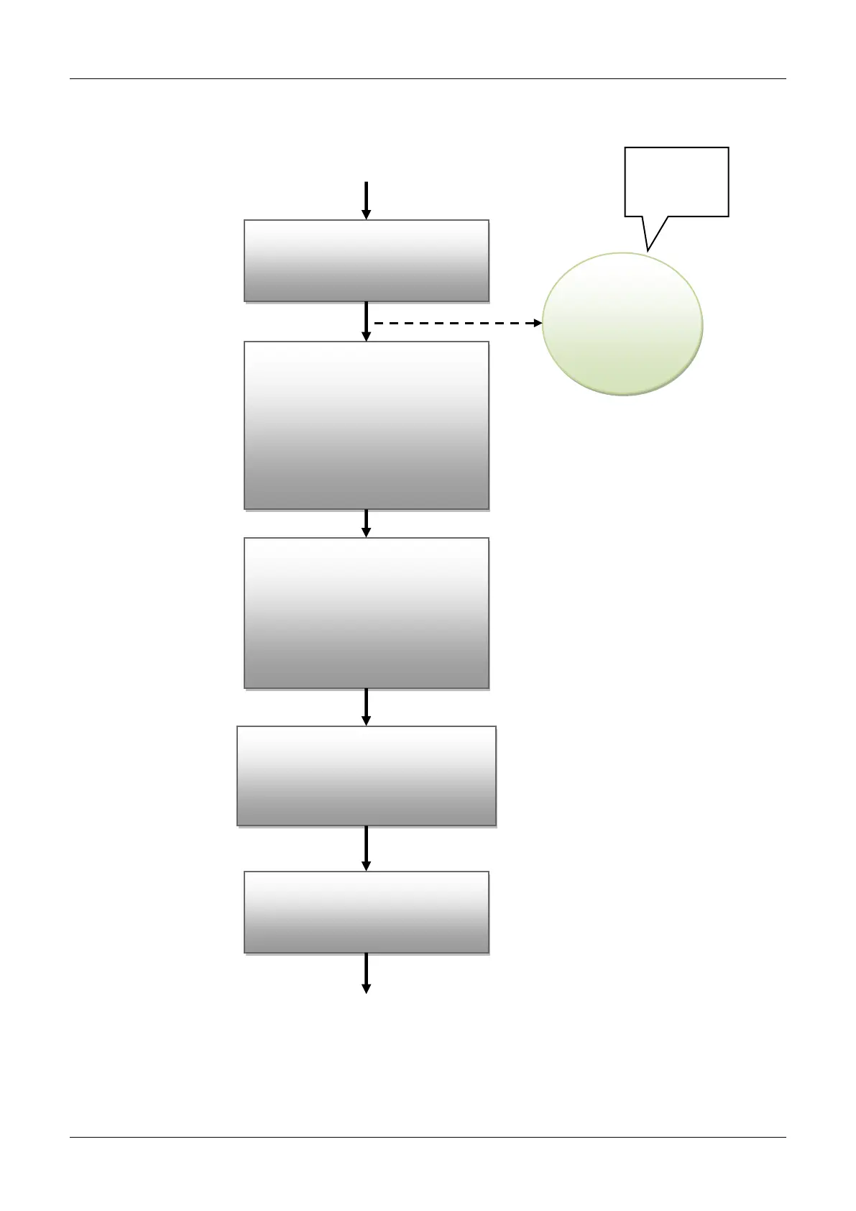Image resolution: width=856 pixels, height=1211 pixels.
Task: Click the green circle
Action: [x=622, y=324]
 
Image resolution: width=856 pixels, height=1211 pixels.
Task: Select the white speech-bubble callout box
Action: [x=676, y=181]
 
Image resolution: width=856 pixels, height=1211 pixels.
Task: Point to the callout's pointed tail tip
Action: [x=648, y=250]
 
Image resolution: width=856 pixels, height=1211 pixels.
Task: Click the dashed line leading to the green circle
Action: [x=453, y=324]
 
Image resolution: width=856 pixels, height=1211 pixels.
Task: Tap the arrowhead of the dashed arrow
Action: [x=538, y=324]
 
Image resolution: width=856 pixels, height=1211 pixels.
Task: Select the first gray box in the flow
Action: [x=367, y=260]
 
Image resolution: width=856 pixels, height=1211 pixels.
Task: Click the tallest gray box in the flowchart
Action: [x=367, y=426]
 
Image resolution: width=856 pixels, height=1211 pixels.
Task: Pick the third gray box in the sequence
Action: [x=367, y=613]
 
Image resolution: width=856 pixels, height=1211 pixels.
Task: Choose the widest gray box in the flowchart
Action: [x=367, y=776]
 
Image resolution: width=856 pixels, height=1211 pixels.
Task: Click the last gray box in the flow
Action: [x=367, y=913]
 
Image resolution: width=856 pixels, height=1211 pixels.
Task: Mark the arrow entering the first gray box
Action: [x=367, y=198]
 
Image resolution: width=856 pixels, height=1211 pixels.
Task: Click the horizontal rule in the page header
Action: [x=428, y=79]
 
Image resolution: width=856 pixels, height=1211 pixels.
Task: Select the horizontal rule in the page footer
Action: [x=428, y=1137]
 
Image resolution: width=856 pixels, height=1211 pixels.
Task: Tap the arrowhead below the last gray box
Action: [x=367, y=989]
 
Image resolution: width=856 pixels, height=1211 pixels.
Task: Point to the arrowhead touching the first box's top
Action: [x=367, y=214]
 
